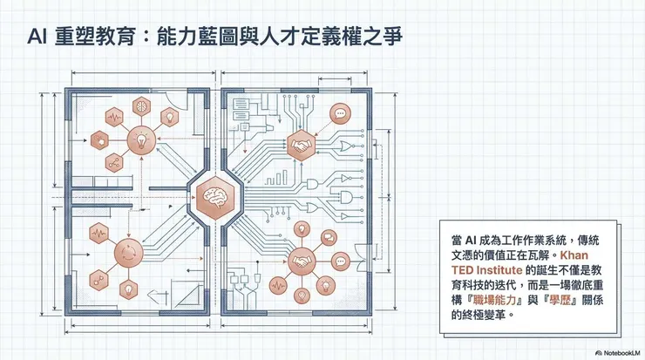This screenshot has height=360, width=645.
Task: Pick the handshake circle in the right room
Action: point(302,259)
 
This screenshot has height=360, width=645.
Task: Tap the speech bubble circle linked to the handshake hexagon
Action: point(339,112)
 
